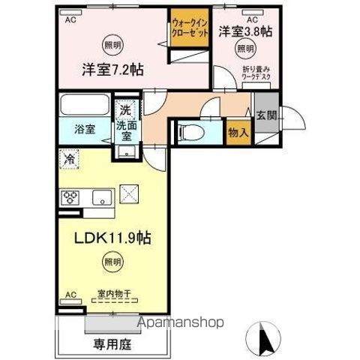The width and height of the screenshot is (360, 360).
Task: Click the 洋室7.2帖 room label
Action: [x=113, y=70]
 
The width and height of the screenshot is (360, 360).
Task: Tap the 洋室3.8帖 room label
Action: [x=244, y=31]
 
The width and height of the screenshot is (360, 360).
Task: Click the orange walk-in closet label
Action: [x=189, y=33]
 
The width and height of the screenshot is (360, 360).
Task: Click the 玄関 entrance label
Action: [x=267, y=115]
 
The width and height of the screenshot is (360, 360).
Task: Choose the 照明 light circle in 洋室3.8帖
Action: [x=244, y=49]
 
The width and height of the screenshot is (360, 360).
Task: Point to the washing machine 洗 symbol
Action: [x=125, y=109]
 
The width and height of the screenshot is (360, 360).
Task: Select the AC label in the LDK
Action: [x=72, y=294]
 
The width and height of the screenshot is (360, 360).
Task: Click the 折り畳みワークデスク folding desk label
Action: [x=256, y=73]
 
